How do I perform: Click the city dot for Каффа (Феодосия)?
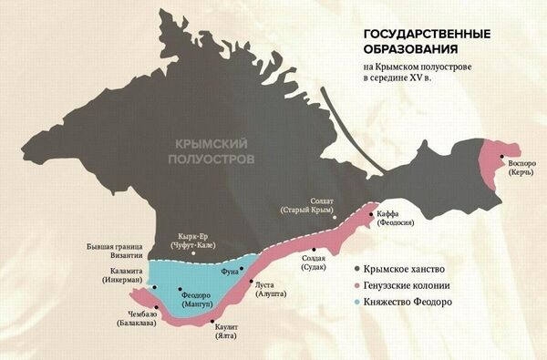click(369, 214)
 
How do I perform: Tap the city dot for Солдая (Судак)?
click(315, 249)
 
